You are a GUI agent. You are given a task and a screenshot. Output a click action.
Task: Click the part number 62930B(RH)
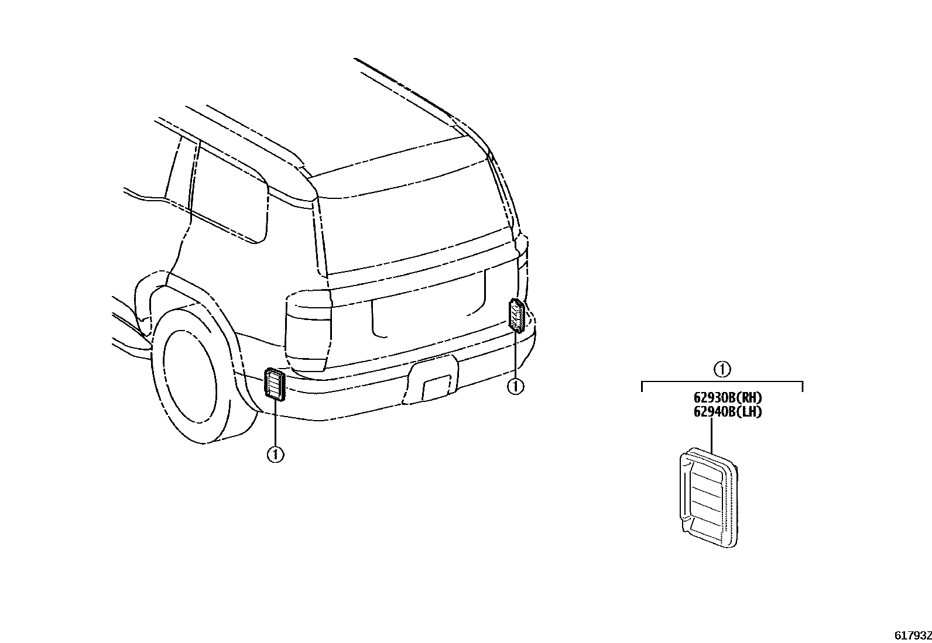728,399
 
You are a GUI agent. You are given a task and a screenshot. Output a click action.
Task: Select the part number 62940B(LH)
728,412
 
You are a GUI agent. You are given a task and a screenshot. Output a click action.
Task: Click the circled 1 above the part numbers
722,369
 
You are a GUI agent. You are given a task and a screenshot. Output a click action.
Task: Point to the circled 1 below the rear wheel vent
275,454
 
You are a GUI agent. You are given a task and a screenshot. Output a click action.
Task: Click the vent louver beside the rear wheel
274,384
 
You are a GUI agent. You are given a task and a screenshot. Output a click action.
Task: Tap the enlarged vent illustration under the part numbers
708,497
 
